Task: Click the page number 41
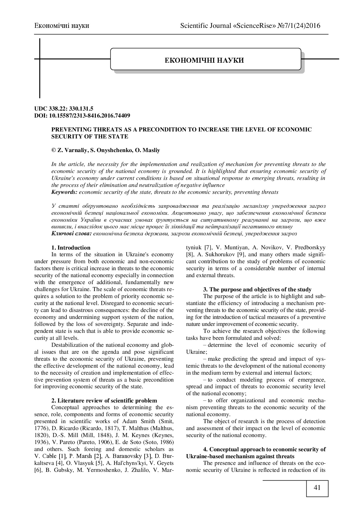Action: coord(317,487)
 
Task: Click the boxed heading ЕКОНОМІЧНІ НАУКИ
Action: coord(204,60)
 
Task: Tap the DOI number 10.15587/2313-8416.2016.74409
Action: coord(92,115)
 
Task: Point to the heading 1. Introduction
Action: coord(71,248)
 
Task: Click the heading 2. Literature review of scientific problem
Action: coord(104,400)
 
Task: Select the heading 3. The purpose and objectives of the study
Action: coord(257,289)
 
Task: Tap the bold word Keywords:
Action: coord(64,192)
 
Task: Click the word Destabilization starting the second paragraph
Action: coord(71,345)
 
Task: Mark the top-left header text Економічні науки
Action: coord(62,26)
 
